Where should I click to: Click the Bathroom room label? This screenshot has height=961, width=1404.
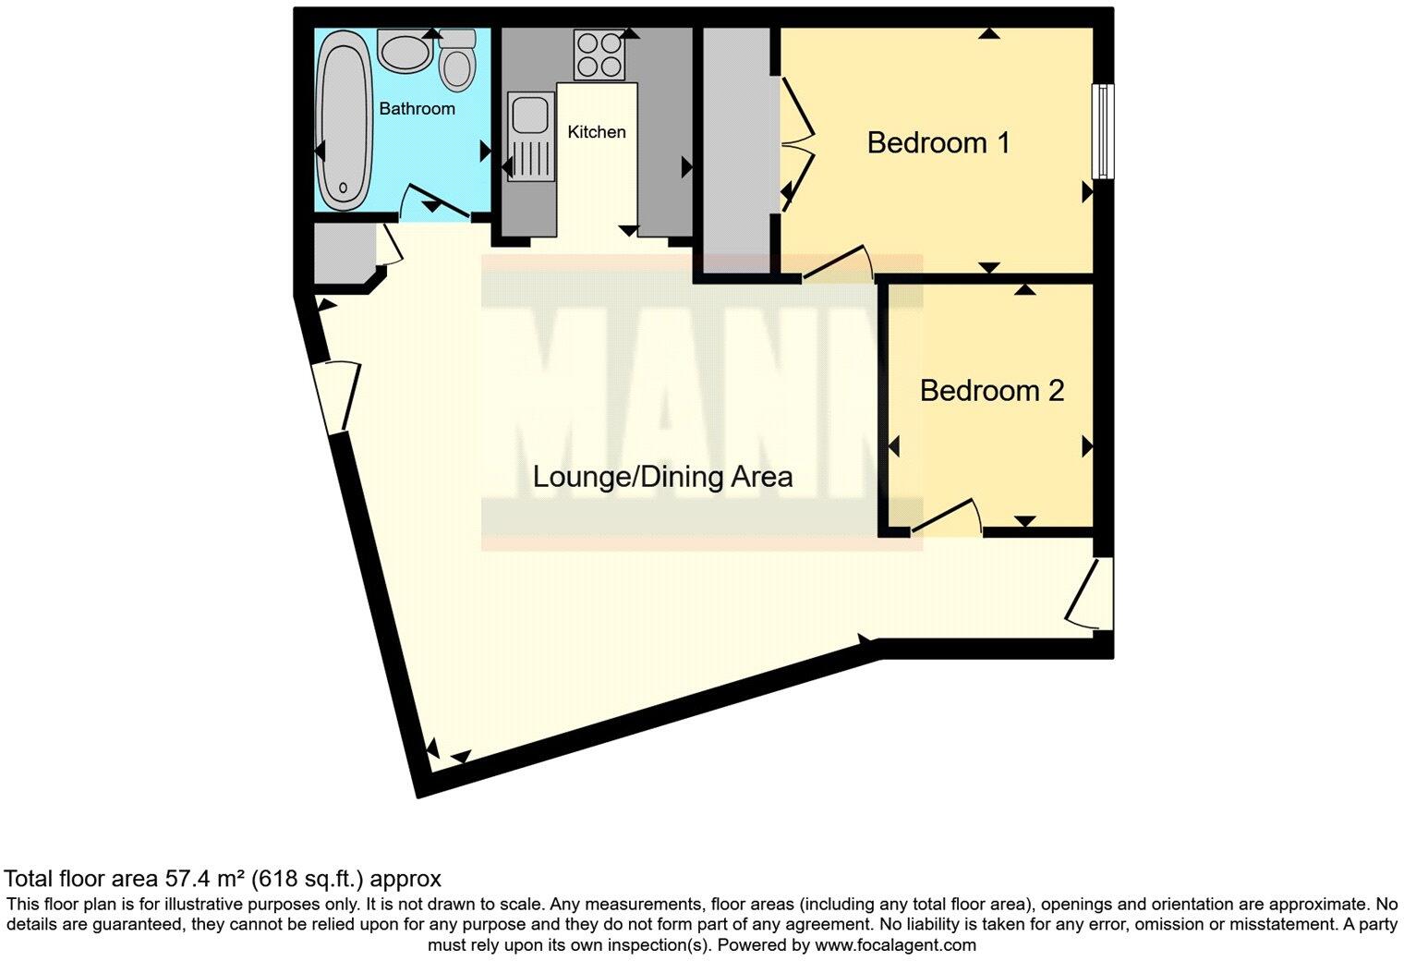click(x=417, y=109)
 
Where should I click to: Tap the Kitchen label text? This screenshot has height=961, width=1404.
click(x=596, y=132)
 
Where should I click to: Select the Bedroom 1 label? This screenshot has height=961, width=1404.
click(x=938, y=143)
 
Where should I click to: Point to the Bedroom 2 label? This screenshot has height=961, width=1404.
click(x=991, y=391)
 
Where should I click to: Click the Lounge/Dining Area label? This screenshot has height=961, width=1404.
click(x=662, y=477)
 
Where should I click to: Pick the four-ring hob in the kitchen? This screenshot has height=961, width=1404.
click(x=599, y=55)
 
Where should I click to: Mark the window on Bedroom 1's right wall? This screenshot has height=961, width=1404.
click(x=1101, y=131)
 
